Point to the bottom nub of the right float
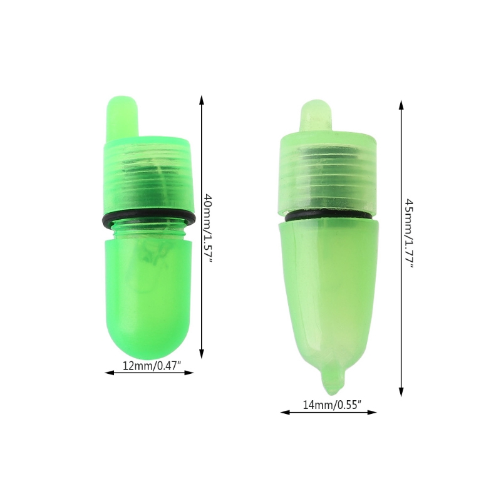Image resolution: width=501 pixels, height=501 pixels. (x=331, y=379)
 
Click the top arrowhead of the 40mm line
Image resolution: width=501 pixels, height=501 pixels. (x=202, y=98)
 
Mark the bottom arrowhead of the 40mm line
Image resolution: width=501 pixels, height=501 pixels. (x=202, y=353)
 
